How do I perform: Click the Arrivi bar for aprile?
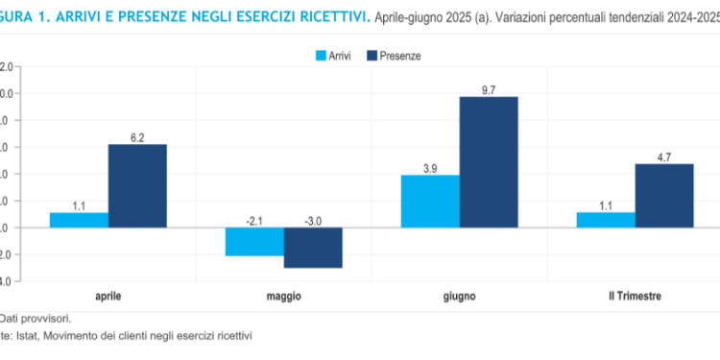(79, 220)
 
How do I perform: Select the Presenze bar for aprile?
(137, 185)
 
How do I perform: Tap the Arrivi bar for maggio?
(254, 242)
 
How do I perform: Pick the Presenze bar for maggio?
(313, 248)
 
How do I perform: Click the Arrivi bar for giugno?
(430, 201)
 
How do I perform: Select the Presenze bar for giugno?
(489, 161)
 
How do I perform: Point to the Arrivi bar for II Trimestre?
(606, 220)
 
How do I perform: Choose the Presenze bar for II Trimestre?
(664, 195)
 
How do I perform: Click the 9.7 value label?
(489, 89)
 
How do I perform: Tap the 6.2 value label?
(137, 137)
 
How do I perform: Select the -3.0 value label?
(313, 221)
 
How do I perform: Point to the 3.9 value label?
(430, 168)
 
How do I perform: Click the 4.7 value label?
(664, 156)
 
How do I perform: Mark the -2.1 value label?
(254, 221)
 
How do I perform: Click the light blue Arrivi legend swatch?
(323, 56)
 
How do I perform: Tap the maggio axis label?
(284, 296)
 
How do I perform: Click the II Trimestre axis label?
(635, 296)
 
